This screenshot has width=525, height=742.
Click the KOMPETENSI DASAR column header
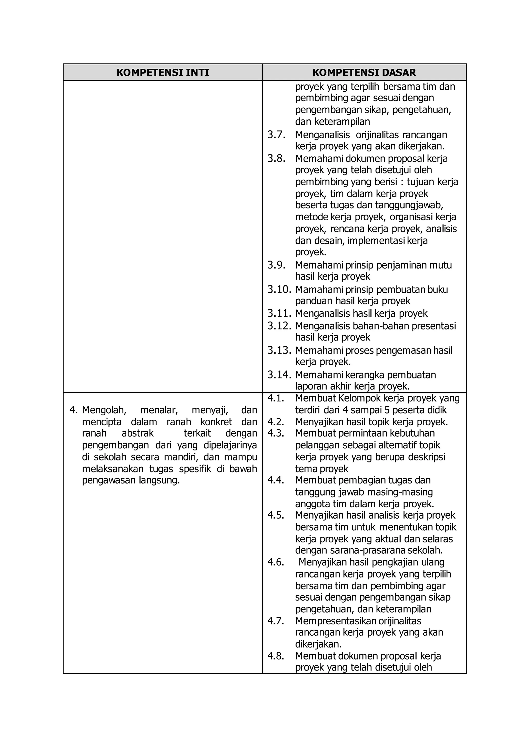pyautogui.click(x=364, y=73)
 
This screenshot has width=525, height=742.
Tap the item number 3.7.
pyautogui.click(x=276, y=135)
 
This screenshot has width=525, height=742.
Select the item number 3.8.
pyautogui.click(x=276, y=159)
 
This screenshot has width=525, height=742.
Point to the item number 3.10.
pyautogui.click(x=279, y=290)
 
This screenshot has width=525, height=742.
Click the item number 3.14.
pyautogui.click(x=279, y=375)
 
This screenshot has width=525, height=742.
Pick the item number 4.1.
pyautogui.click(x=275, y=398)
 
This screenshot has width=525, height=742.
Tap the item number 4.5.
pyautogui.click(x=275, y=515)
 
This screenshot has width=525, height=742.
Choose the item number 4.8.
pyautogui.click(x=275, y=656)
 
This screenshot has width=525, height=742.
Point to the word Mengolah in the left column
pyautogui.click(x=104, y=410)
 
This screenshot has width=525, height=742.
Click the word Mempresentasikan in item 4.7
pyautogui.click(x=336, y=621)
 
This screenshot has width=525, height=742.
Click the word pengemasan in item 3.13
pyautogui.click(x=407, y=350)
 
